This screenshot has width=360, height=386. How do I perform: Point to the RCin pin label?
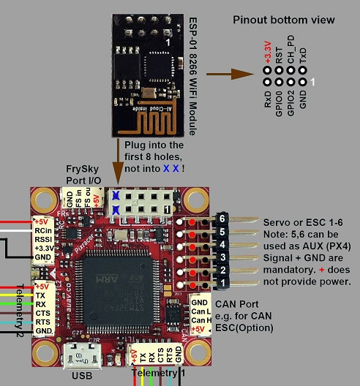42,231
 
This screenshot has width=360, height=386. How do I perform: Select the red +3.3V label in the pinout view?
268,53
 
